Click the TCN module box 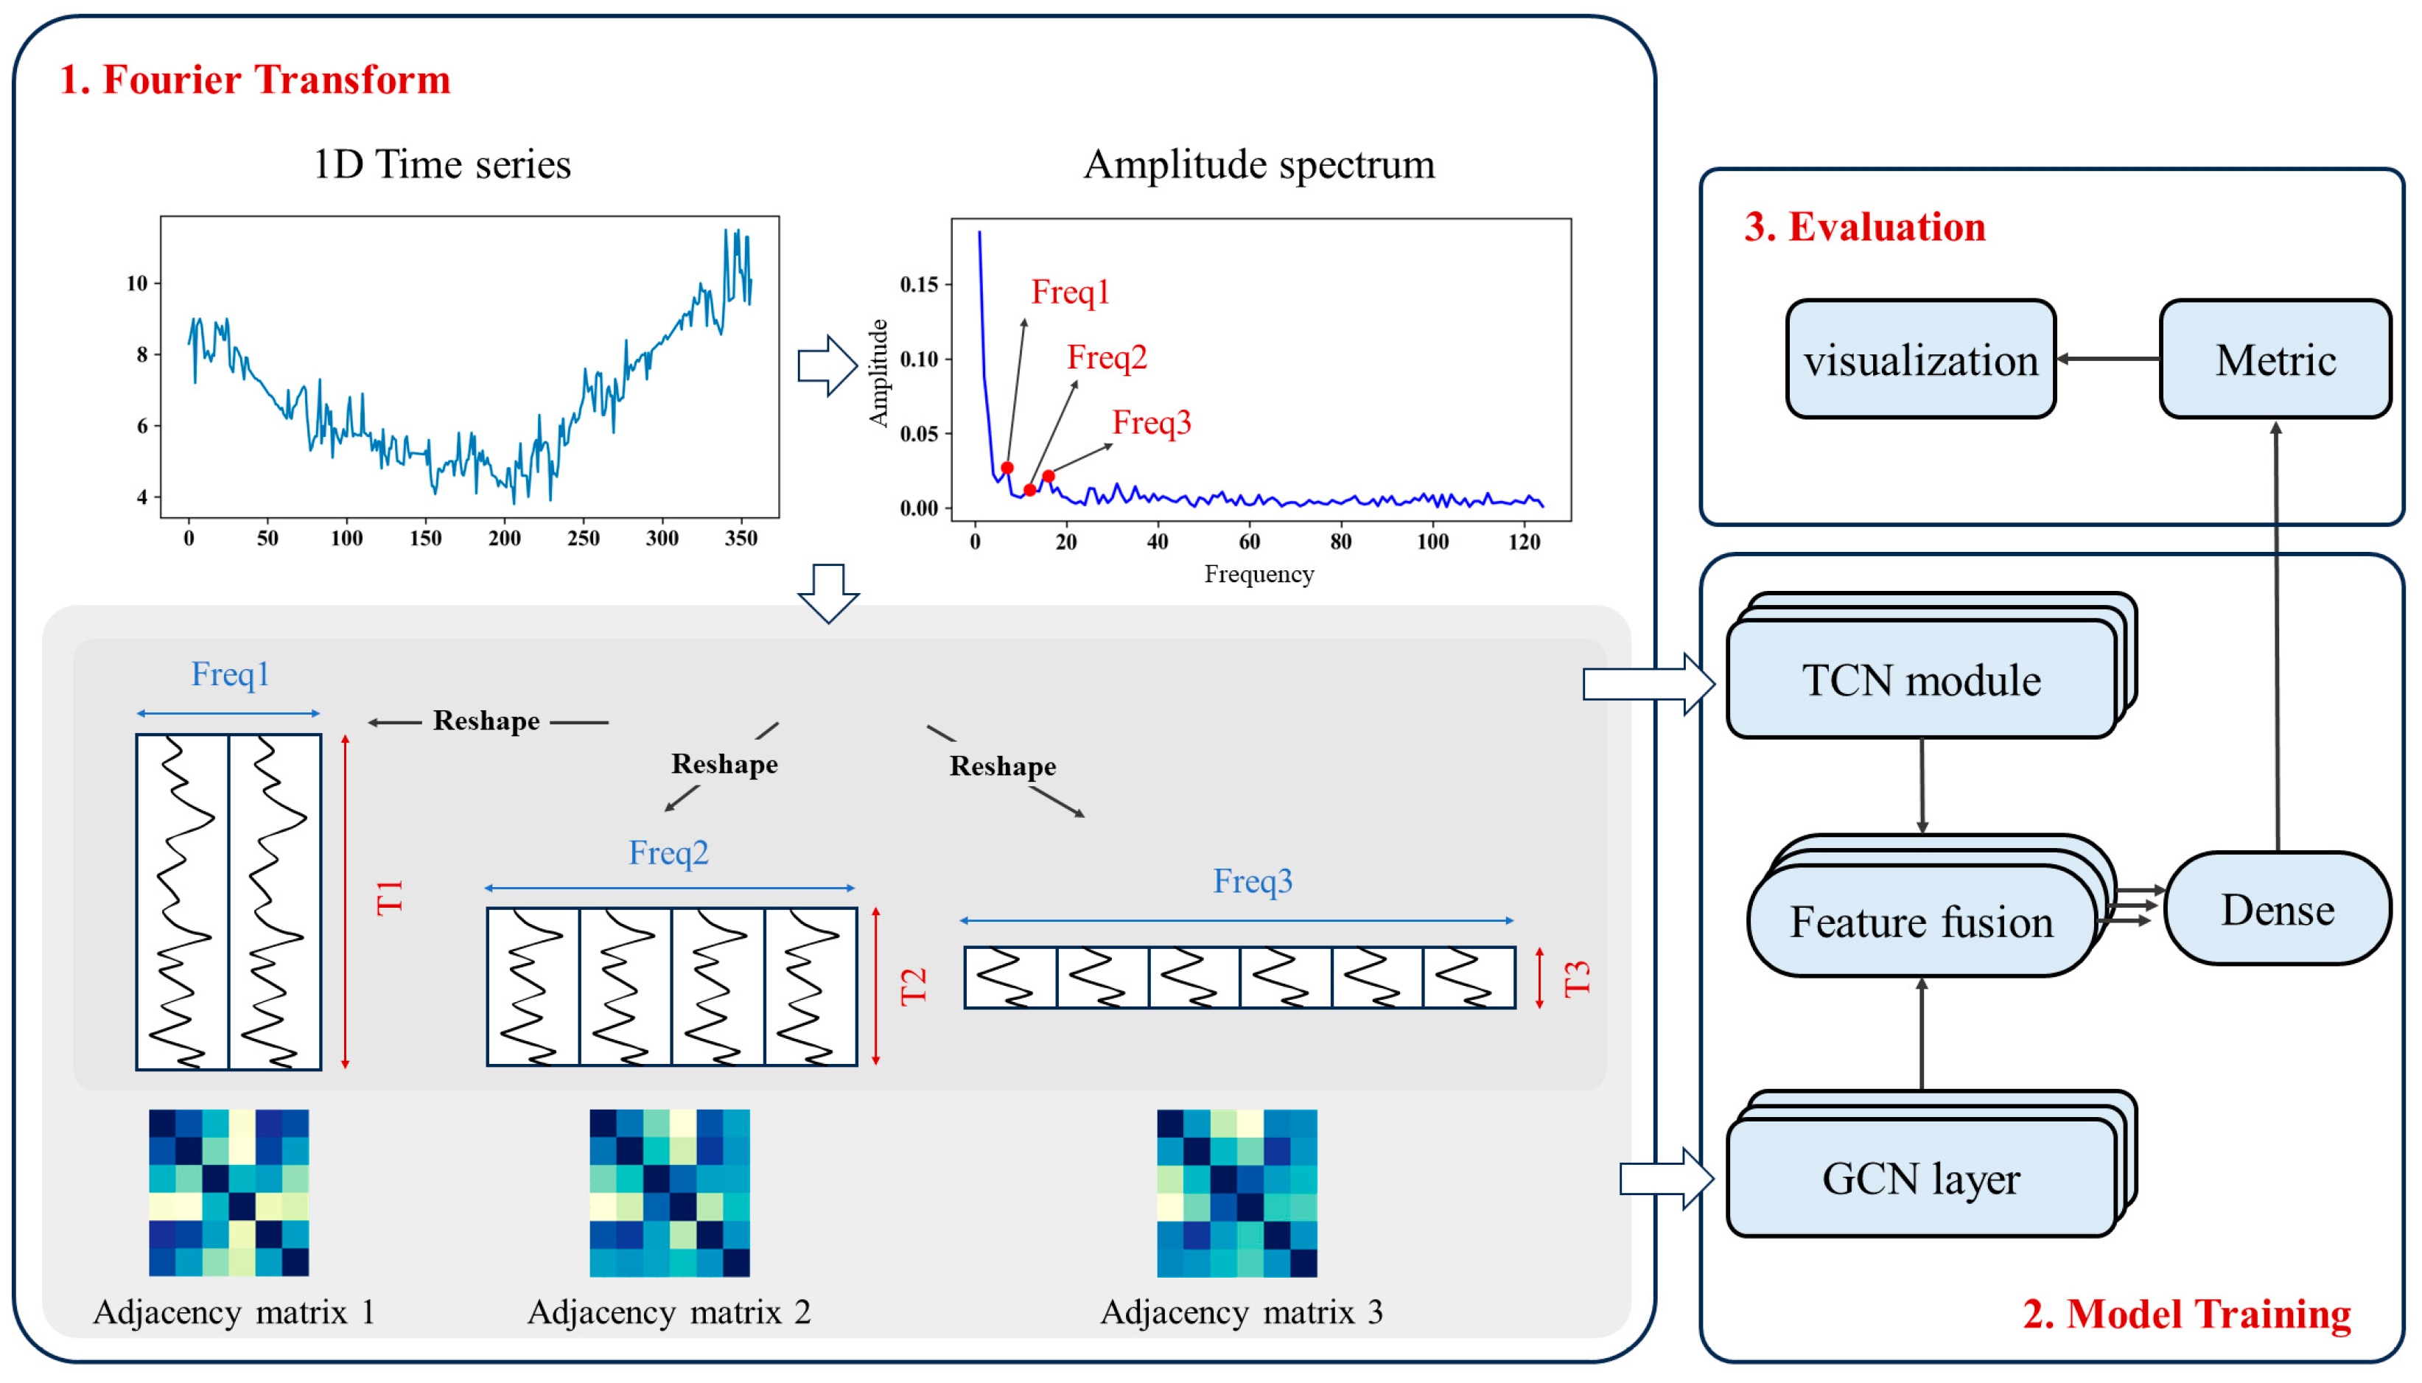(1920, 680)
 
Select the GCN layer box (1920, 1178)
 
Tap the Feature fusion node (1920, 921)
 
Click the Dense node (2277, 909)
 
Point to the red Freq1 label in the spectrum (1071, 292)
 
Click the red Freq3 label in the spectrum (1151, 421)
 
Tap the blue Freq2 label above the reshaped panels (668, 852)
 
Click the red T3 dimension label (1575, 978)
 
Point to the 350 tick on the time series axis (741, 539)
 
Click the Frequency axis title (1259, 574)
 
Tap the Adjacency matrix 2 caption (668, 1312)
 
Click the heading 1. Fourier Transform (254, 79)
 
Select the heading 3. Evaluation (1864, 227)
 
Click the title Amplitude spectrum (1259, 164)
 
